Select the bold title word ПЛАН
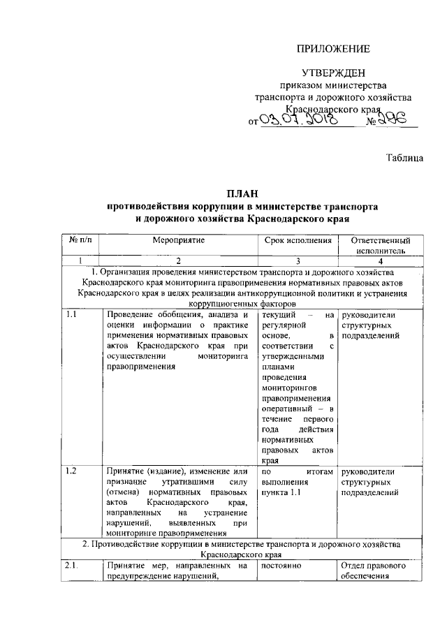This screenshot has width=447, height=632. (x=242, y=193)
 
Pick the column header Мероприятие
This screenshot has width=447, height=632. (x=179, y=240)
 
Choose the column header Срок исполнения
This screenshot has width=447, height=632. (x=298, y=240)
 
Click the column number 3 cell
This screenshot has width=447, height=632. (x=298, y=260)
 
